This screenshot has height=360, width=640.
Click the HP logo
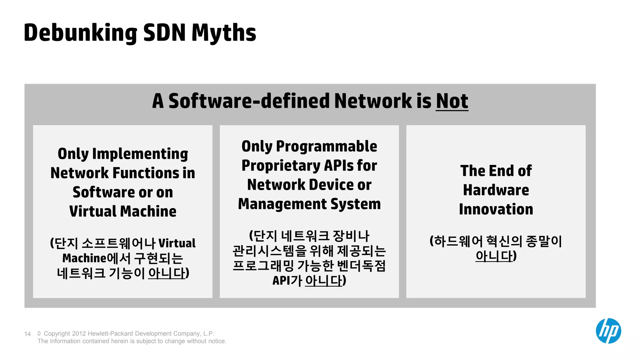point(608,331)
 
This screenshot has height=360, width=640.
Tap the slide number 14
point(27,334)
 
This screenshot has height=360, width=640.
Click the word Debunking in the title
point(80,33)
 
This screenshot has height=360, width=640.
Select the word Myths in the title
point(224,33)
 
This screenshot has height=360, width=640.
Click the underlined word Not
point(452,101)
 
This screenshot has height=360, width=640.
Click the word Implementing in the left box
point(140,154)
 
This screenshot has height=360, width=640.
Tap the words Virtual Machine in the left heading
point(123,212)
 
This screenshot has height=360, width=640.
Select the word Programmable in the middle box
point(327,147)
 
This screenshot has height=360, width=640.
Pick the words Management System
point(309,204)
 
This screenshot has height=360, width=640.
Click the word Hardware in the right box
point(496,190)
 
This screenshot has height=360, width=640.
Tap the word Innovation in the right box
point(496,209)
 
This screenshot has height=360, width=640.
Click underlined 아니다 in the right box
point(494,256)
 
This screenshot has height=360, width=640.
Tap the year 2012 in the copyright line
point(79,333)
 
